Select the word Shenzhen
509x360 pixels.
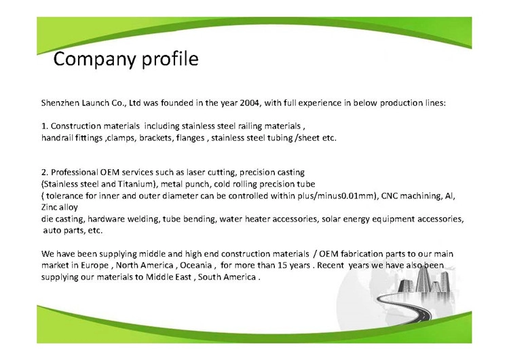[x=60, y=103]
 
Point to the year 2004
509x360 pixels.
[x=249, y=103]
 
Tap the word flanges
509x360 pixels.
[x=190, y=138]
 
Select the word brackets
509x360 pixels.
[x=156, y=138]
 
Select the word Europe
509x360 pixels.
[x=94, y=266]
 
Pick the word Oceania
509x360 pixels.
[x=195, y=265]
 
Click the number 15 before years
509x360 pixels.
[x=282, y=265]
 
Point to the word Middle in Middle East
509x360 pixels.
[x=159, y=277]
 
